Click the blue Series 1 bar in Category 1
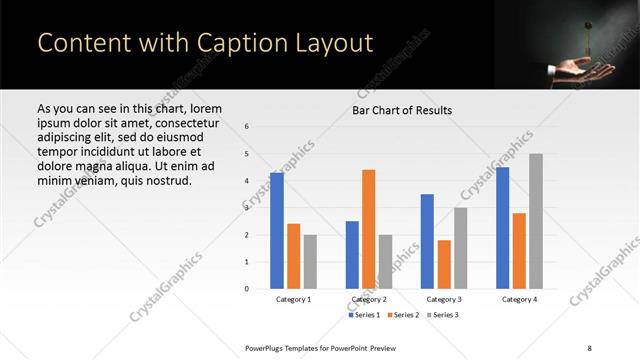click(277, 231)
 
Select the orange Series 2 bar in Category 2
click(368, 229)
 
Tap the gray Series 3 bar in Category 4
click(536, 221)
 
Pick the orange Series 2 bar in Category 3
click(444, 264)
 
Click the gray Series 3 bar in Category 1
click(310, 262)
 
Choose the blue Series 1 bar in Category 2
click(352, 255)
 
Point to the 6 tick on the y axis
click(247, 127)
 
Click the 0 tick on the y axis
click(247, 289)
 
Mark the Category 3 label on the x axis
click(444, 299)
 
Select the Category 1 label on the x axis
click(293, 299)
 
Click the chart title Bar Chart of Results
click(402, 110)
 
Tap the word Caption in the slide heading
click(217, 43)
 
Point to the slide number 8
click(590, 348)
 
